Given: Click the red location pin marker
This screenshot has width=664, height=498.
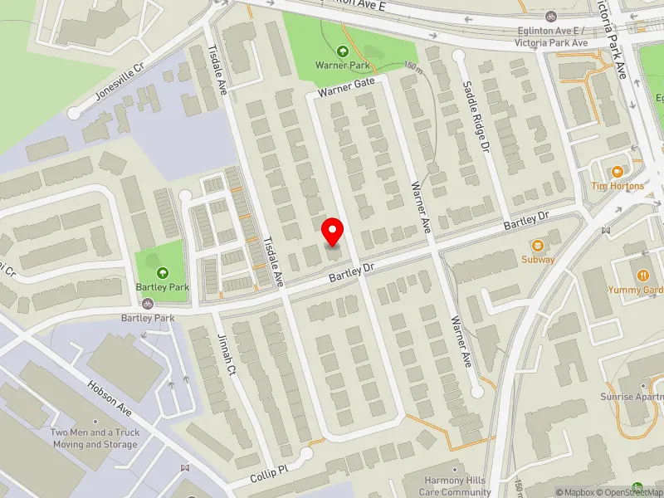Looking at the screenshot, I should point(333,230).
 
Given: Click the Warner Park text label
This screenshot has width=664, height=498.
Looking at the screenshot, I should point(342,65).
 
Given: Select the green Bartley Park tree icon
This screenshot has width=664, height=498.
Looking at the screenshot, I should point(162,272).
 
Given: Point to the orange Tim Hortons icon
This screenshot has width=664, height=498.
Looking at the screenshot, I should point(617,172).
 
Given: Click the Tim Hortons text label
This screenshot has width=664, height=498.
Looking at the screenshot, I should point(617,186).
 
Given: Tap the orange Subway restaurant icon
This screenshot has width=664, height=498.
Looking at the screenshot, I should point(538,246).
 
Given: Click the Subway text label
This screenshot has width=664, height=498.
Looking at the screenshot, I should point(538,260).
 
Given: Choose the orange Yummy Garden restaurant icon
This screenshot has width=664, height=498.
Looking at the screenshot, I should point(642,276).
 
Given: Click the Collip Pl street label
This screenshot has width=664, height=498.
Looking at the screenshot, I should point(269,475).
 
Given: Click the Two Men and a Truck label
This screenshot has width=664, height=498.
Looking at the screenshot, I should point(94,438).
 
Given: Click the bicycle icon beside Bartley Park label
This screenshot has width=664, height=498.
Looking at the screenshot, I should point(147,304).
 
